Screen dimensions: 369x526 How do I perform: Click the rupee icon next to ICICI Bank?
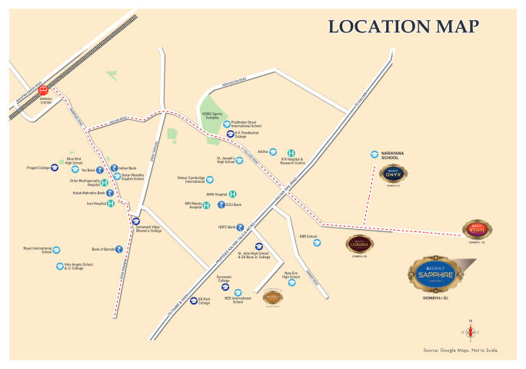tap(221, 206)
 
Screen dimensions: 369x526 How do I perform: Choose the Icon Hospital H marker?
tap(111, 204)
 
